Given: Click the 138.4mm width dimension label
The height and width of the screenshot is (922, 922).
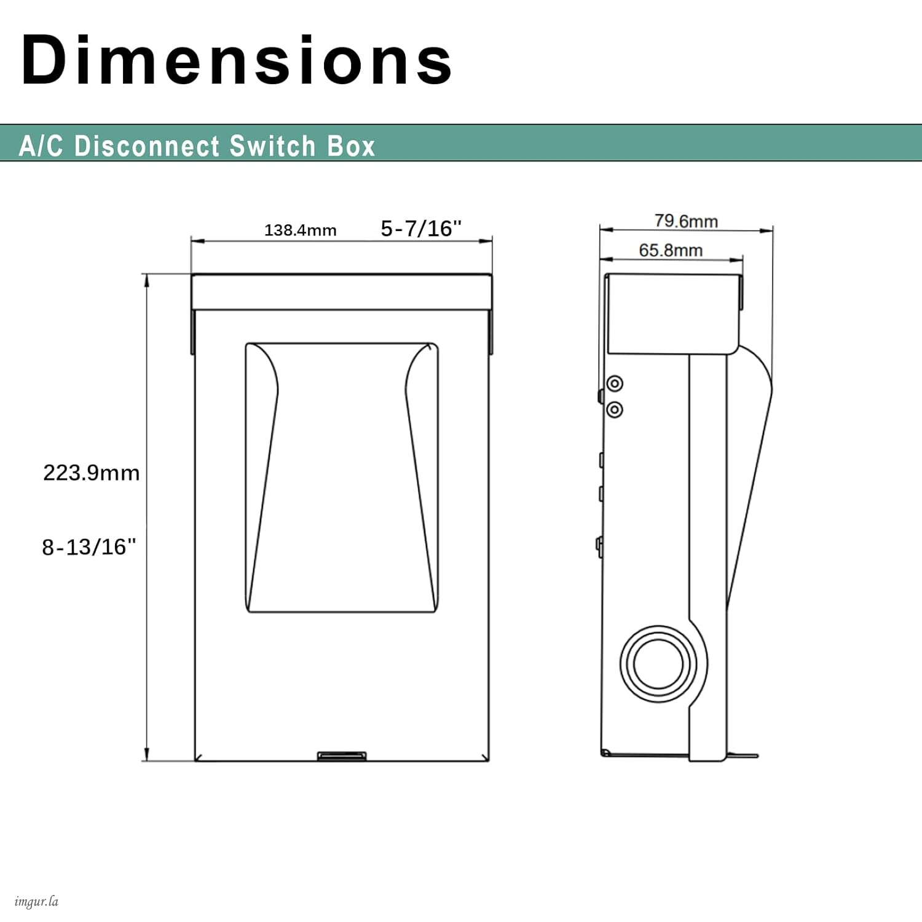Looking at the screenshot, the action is (x=301, y=230).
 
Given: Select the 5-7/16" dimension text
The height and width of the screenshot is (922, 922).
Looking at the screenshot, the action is (x=421, y=228).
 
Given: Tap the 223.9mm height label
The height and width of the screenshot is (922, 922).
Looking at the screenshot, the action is (x=92, y=473).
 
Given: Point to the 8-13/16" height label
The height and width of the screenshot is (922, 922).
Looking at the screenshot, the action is (x=89, y=546).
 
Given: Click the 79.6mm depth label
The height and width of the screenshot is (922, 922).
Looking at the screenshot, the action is (x=686, y=221).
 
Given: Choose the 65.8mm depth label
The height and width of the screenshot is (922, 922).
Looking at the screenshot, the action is (x=671, y=250).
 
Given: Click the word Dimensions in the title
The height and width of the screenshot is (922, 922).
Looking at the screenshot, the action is (x=237, y=60).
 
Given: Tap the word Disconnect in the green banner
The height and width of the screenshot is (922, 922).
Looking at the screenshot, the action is (x=146, y=146).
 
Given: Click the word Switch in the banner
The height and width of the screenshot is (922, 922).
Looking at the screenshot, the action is (x=273, y=146).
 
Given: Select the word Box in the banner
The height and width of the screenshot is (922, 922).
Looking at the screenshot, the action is (x=351, y=146).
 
